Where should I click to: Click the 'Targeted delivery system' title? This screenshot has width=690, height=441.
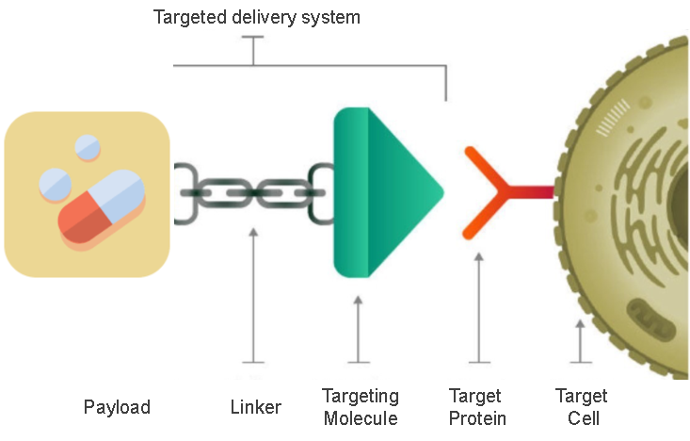coord(257,17)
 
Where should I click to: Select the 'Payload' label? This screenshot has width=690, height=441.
coord(117,407)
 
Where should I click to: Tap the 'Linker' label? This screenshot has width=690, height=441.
coord(256,407)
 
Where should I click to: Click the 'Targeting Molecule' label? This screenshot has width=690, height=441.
coord(361,407)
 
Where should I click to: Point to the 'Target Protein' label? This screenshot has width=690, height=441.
coord(477,407)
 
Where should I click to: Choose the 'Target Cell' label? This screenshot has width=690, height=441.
coord(581,407)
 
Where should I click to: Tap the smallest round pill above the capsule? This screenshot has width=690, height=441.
coord(88,146)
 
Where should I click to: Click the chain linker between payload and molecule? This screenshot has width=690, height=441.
coord(253,192)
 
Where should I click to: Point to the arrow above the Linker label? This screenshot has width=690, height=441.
coord(252,292)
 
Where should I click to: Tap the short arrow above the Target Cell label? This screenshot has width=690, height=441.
coord(580,340)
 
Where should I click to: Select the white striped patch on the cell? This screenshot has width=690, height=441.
coord(618,115)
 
